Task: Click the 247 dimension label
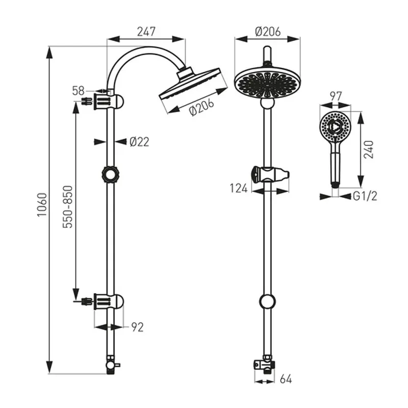[x=146, y=32]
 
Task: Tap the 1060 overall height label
[x=42, y=205]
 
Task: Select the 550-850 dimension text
[x=68, y=207]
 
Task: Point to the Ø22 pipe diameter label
[x=139, y=142]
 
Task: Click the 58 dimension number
[x=79, y=91]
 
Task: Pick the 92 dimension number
[x=137, y=327]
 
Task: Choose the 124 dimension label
[x=239, y=188]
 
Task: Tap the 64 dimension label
[x=286, y=379]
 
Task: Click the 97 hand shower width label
[x=336, y=96]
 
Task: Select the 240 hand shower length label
[x=368, y=149]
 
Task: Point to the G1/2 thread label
[x=365, y=196]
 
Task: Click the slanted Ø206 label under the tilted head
[x=201, y=107]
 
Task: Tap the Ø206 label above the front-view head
[x=268, y=32]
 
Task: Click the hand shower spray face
[x=335, y=126]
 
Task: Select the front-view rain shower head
[x=267, y=84]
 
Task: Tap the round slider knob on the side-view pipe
[x=110, y=175]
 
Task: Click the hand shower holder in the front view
[x=270, y=174]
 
